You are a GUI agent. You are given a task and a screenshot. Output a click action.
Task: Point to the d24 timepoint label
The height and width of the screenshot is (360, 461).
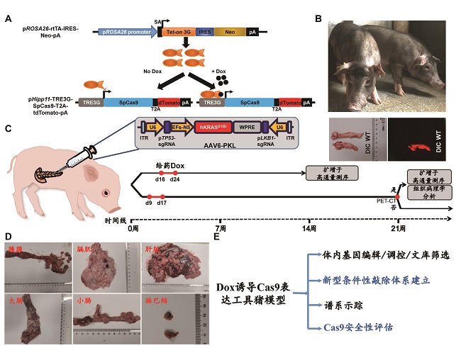click(x=174, y=180)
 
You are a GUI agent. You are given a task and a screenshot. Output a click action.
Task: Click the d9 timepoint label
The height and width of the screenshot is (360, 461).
click(x=148, y=203)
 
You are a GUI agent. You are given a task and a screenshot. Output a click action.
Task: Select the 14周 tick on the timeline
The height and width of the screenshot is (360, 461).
click(x=308, y=230)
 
